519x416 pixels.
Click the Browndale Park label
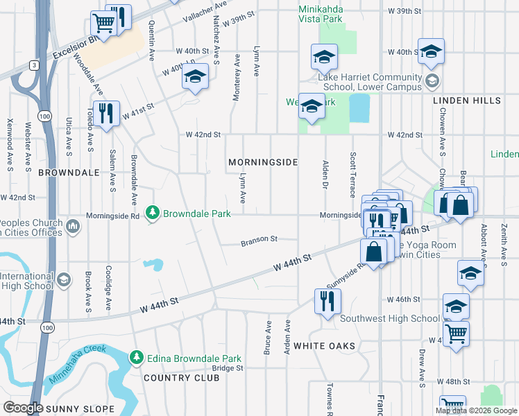pyautogui.click(x=196, y=214)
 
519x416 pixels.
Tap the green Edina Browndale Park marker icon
pyautogui.click(x=136, y=358)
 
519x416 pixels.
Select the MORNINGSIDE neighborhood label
pyautogui.click(x=263, y=162)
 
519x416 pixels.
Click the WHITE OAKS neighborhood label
pyautogui.click(x=324, y=345)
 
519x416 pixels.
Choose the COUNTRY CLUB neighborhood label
pyautogui.click(x=181, y=378)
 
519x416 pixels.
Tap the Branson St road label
pyautogui.click(x=259, y=240)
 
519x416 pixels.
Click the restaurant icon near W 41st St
pyautogui.click(x=105, y=114)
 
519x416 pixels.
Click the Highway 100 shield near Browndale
pyautogui.click(x=46, y=115)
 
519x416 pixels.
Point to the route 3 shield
pyautogui.click(x=33, y=64)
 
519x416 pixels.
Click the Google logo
pyautogui.click(x=23, y=408)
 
